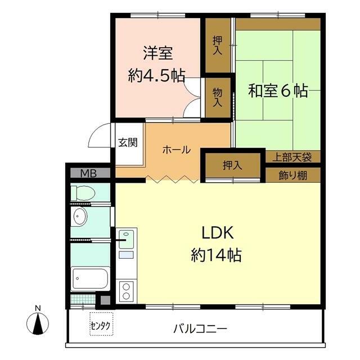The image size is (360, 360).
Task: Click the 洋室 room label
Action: [x=157, y=53]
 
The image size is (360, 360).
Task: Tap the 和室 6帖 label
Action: [x=278, y=91]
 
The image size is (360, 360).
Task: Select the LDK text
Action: [x=218, y=232]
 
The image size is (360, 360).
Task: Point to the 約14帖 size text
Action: [x=216, y=255]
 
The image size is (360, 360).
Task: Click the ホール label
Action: [x=177, y=150]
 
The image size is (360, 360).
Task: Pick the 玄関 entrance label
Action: [x=128, y=142]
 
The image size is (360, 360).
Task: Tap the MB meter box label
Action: [x=88, y=173]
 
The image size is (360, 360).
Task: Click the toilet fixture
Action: [x=83, y=193]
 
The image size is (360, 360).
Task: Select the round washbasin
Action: [x=80, y=217]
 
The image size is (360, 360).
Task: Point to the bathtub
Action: [x=90, y=278]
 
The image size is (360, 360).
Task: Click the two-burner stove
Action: [x=126, y=291]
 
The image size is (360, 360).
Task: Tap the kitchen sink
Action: [x=126, y=240]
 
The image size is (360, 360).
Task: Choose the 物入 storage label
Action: [x=217, y=97]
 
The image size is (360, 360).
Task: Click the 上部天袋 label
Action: [x=292, y=157]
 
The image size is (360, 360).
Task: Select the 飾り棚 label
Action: [x=292, y=175]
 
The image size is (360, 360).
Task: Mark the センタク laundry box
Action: [x=101, y=324]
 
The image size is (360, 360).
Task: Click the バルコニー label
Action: [x=200, y=328]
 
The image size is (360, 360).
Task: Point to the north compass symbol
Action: [x=38, y=322]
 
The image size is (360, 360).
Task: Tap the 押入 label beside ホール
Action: [x=232, y=165]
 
